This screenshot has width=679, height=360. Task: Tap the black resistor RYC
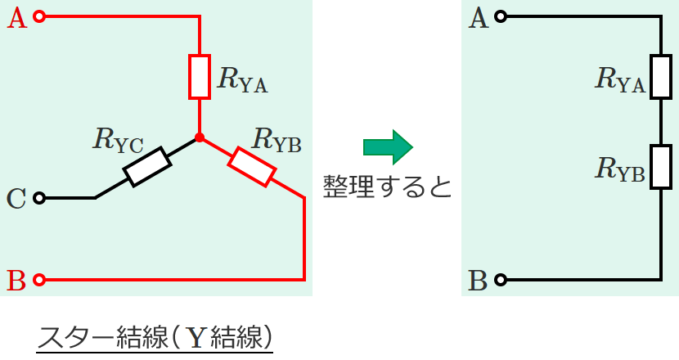point(147,166)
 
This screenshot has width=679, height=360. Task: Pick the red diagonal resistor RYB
point(251,166)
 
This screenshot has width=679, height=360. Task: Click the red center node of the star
point(200,137)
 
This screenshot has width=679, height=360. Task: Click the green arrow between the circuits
point(389,147)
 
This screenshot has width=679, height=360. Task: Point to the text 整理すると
point(387,187)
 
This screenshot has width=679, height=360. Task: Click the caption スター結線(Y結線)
point(155,336)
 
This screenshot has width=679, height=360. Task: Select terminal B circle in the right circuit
point(501,280)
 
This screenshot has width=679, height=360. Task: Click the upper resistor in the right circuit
point(660,77)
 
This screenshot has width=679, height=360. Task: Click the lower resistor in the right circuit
point(660,167)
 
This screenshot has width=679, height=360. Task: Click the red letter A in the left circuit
point(16,17)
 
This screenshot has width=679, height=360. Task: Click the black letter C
point(16,199)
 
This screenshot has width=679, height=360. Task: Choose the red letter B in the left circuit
point(16,281)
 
